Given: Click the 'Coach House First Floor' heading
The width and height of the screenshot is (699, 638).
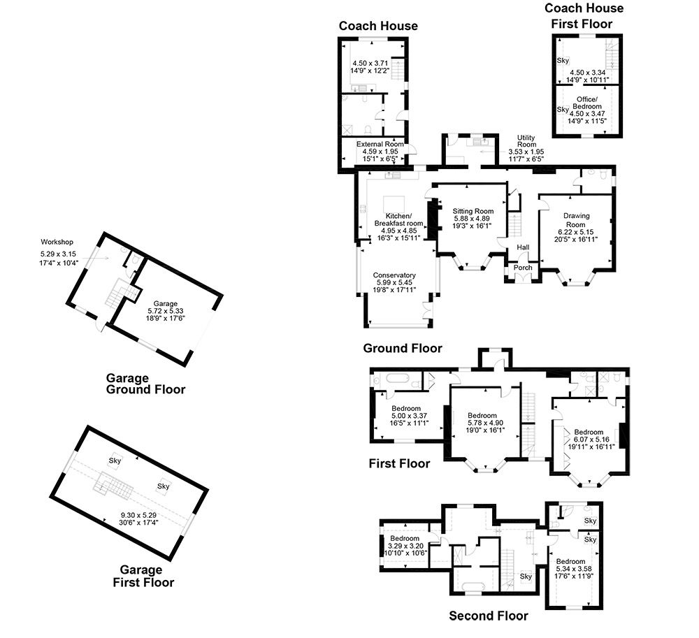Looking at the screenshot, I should (584, 15).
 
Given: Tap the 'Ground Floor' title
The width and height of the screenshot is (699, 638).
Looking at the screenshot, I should (402, 348).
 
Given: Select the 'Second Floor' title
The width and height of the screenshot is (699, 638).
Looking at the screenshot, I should (488, 616).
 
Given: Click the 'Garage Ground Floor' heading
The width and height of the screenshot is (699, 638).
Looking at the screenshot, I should (145, 384).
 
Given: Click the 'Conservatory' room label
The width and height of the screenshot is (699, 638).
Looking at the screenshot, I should (394, 275).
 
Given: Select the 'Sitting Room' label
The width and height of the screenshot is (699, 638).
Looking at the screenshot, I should (473, 211).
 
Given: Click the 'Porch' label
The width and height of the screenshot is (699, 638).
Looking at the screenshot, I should (523, 268).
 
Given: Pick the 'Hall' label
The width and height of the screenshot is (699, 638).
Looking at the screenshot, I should (523, 247).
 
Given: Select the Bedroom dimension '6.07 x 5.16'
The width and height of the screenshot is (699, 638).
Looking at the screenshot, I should (588, 440).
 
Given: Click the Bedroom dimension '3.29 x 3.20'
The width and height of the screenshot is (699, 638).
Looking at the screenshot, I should (405, 546).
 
